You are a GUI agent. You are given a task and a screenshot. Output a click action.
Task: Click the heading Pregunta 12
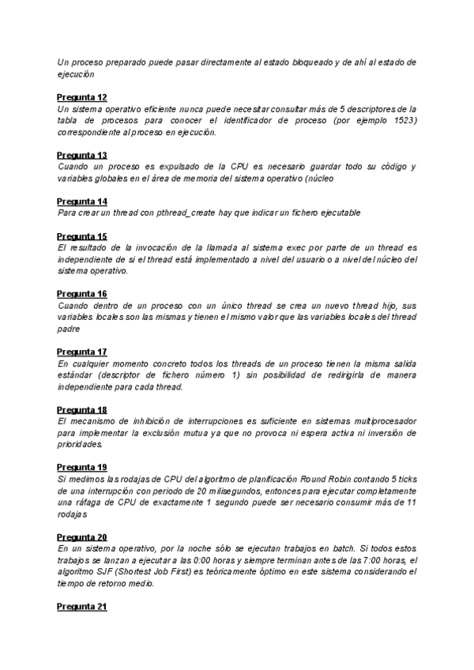coord(82,97)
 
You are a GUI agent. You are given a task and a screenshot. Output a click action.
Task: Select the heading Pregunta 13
coord(82,155)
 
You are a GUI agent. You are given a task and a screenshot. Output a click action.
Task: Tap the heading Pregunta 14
coord(82,201)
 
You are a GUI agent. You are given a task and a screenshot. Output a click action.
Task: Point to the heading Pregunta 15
coord(82,236)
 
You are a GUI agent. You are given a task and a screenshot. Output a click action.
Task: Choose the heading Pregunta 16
coord(82,294)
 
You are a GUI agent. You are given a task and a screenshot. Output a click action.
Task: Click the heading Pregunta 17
coord(82,352)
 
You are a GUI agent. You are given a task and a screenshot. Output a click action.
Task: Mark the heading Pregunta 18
coord(82,409)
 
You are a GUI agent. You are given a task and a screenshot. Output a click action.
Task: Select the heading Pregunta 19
coord(82,467)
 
